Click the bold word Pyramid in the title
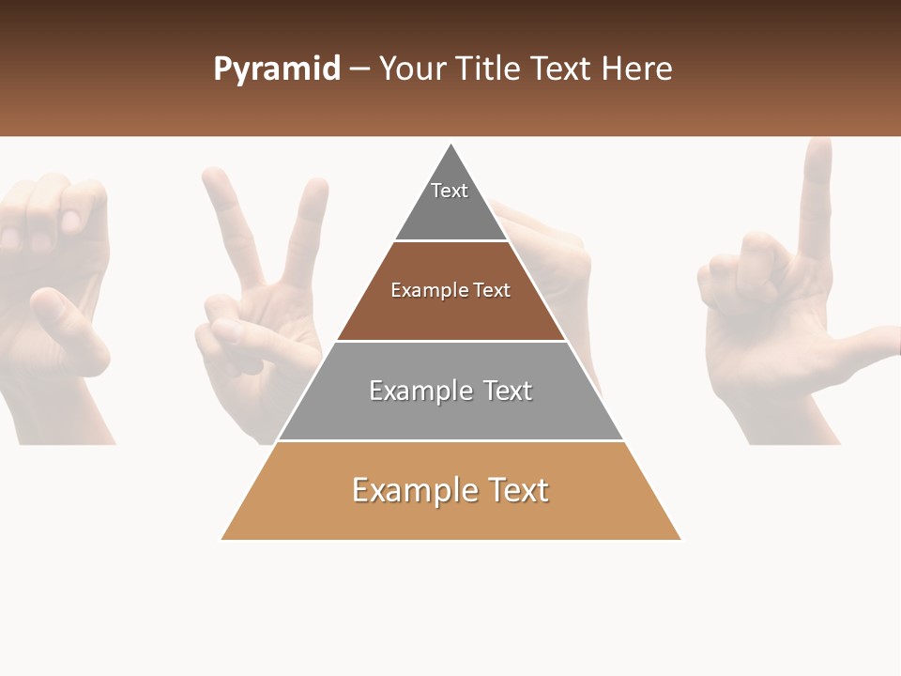click(276, 69)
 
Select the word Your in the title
click(411, 69)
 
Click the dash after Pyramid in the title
click(359, 69)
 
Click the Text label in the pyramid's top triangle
click(450, 191)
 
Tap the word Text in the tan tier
click(518, 490)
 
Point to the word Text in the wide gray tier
click(506, 391)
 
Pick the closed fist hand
click(56, 282)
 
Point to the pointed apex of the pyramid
click(451, 147)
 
